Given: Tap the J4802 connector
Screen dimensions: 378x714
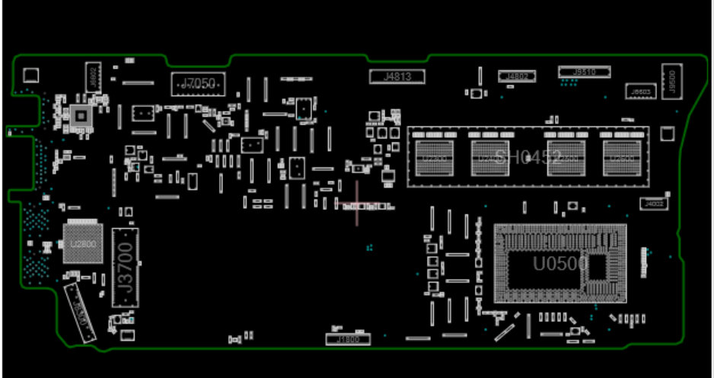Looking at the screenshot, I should coord(517,75).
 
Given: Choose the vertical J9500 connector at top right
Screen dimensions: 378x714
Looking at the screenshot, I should coord(671,81).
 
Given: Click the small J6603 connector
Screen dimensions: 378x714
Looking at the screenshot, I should coord(639,91).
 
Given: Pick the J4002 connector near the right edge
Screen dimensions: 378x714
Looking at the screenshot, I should coord(654,204).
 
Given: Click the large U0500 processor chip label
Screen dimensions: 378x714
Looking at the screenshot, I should coord(559,264).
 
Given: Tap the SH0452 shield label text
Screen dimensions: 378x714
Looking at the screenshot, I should coord(528,158).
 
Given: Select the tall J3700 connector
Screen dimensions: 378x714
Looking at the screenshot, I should coord(125,271).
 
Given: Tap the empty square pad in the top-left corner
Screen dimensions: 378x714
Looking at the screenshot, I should coord(30,75).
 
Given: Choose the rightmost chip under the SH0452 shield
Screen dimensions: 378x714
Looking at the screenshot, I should coord(622,157).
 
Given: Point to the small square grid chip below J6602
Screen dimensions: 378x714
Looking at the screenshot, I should coord(80,116).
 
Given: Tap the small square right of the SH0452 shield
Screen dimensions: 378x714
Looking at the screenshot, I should coord(668,134).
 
